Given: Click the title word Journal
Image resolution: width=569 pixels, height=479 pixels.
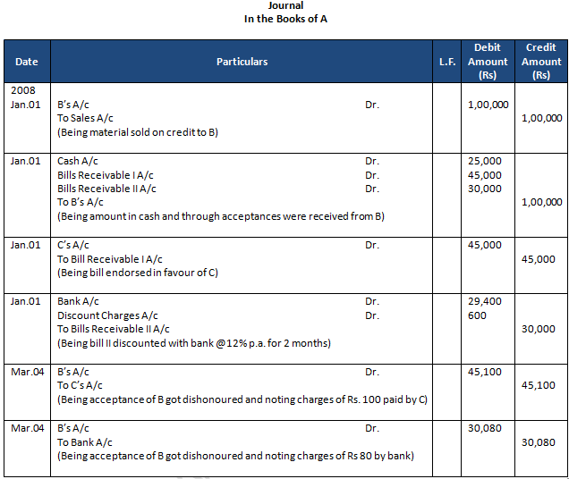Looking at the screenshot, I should pyautogui.click(x=285, y=6).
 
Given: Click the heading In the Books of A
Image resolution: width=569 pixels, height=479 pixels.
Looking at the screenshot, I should pyautogui.click(x=285, y=20).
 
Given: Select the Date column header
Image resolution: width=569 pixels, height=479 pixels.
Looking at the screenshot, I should pyautogui.click(x=27, y=62).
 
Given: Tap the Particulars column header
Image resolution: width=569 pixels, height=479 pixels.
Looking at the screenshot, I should pyautogui.click(x=242, y=62).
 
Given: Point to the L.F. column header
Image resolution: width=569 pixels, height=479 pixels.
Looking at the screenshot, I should pyautogui.click(x=447, y=62).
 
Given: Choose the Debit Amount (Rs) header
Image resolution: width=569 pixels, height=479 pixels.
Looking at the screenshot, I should pyautogui.click(x=488, y=62).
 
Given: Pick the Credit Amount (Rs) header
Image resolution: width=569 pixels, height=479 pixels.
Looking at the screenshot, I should pyautogui.click(x=541, y=62).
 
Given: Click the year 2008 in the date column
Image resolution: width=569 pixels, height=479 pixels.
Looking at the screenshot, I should pyautogui.click(x=22, y=91).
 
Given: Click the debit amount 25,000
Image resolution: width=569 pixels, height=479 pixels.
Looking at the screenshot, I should pyautogui.click(x=485, y=161).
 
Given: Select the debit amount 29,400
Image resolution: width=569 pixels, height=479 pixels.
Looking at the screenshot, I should pyautogui.click(x=485, y=302).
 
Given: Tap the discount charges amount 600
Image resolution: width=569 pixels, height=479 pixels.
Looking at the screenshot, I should pyautogui.click(x=477, y=315).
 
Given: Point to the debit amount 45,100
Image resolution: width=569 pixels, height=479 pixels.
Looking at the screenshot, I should pyautogui.click(x=485, y=372).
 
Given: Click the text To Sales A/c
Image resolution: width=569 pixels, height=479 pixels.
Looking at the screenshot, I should pyautogui.click(x=86, y=118).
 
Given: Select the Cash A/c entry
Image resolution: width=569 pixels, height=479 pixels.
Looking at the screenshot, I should pyautogui.click(x=78, y=161).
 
